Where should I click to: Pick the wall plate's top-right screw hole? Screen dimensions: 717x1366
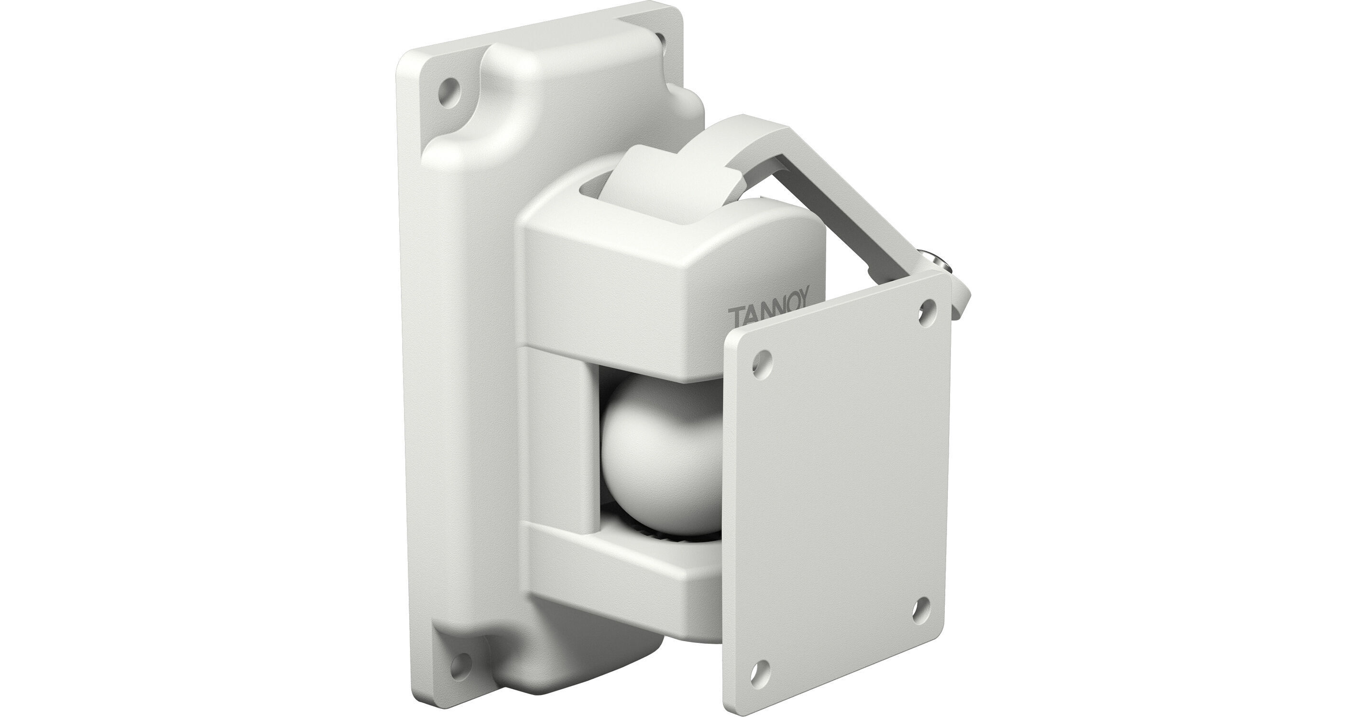click(661, 37)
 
